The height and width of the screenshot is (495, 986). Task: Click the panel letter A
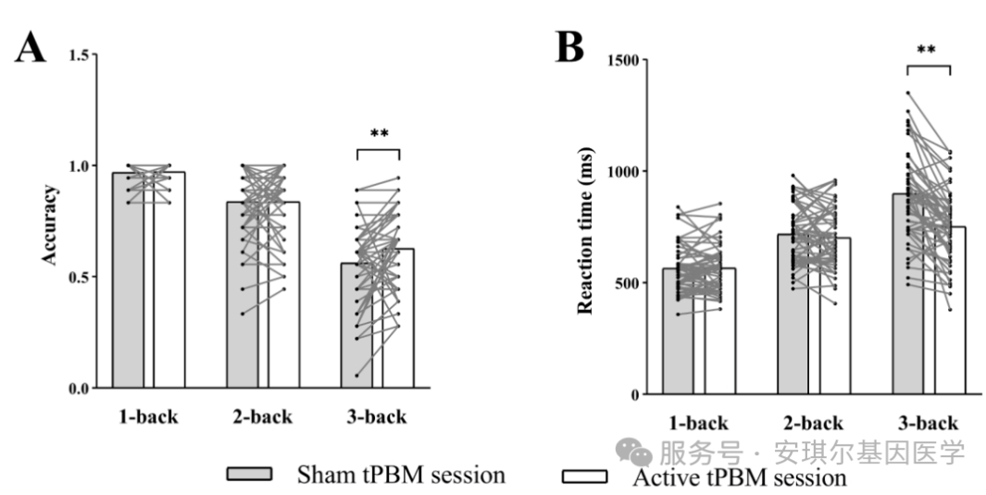point(31,47)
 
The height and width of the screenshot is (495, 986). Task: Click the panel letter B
point(569,47)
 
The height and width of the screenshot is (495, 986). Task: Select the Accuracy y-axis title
point(50,225)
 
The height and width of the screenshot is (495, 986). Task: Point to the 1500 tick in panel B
point(627,60)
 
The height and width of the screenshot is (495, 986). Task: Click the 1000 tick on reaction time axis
point(627,172)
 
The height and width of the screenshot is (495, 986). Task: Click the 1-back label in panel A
point(148,417)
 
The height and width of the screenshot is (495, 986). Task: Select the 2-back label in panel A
point(263,417)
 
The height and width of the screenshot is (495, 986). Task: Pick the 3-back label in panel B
point(929,424)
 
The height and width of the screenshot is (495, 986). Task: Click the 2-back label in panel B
point(814,424)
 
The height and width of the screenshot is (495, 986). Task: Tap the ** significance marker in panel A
point(379,133)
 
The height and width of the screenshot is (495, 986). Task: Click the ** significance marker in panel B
point(928,50)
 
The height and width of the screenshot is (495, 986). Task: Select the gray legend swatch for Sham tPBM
point(250,475)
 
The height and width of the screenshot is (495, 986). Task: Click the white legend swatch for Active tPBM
point(584,476)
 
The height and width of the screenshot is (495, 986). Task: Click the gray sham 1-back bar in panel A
point(129,296)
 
